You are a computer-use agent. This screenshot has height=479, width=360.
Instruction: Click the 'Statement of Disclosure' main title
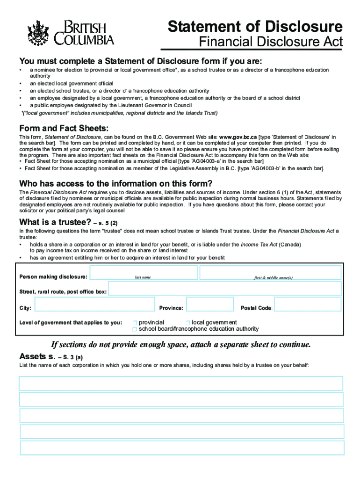coord(255,26)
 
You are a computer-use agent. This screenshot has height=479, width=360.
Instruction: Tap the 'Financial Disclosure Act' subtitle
coord(271,42)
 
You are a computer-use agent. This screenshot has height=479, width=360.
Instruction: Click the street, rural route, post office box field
coord(224,291)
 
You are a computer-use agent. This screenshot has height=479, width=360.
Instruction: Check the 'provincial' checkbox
coord(135,323)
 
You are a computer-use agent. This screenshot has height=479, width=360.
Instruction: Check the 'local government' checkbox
coord(188,323)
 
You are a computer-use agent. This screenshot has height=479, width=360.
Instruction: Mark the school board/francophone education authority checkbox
coord(135,329)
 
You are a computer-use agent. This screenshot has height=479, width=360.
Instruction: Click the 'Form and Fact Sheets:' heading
coord(64,129)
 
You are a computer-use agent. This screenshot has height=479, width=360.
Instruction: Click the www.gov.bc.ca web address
coord(238,137)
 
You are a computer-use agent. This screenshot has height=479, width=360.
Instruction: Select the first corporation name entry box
coord(180,383)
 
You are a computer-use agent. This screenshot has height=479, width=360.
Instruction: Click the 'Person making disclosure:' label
coord(53,276)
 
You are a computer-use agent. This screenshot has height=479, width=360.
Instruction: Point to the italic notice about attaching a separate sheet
coord(180,345)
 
